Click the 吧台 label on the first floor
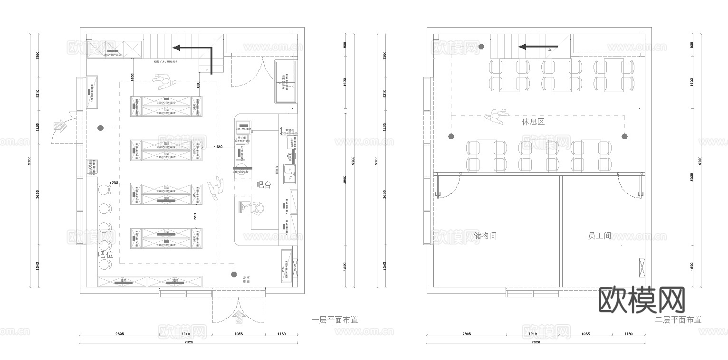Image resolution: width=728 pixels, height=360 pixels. pyautogui.click(x=264, y=185)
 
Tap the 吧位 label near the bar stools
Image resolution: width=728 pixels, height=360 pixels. pyautogui.click(x=105, y=255)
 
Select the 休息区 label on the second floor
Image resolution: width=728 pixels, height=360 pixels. pyautogui.click(x=533, y=122)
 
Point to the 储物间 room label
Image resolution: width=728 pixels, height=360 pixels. pyautogui.click(x=485, y=235)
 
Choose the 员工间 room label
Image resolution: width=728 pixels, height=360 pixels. pyautogui.click(x=599, y=235)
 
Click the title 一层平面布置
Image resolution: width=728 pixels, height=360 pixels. pyautogui.click(x=335, y=320)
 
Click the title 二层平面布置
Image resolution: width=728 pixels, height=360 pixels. pyautogui.click(x=678, y=320)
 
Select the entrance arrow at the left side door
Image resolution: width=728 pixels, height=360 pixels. pyautogui.click(x=61, y=126)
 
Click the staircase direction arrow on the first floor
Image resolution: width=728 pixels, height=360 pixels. pyautogui.click(x=192, y=48)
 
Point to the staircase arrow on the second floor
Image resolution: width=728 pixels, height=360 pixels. pyautogui.click(x=537, y=47)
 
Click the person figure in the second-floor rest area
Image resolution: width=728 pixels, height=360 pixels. pyautogui.click(x=496, y=116)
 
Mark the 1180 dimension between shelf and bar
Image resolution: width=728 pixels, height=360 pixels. pyautogui.click(x=218, y=147)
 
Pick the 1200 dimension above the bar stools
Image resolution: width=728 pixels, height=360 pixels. pyautogui.click(x=114, y=182)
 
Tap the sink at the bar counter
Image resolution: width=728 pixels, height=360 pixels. pyautogui.click(x=289, y=173)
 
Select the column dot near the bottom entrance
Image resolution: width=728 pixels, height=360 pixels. pyautogui.click(x=233, y=274)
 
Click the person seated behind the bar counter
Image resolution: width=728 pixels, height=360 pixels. pyautogui.click(x=257, y=209)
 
